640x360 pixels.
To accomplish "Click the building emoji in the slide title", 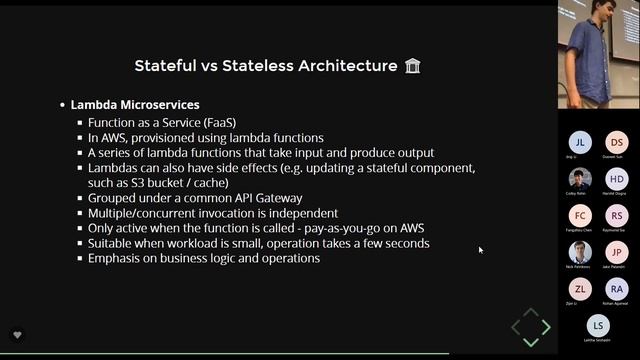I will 412,66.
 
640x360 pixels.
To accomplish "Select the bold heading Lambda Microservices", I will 134,104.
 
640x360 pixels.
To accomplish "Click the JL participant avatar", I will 580,142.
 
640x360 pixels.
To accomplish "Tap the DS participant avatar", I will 617,142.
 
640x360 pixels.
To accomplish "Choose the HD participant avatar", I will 617,179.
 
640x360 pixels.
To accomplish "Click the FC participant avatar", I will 580,216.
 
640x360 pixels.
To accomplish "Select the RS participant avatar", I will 617,216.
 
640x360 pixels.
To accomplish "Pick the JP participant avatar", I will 617,253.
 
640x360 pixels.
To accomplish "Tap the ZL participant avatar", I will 580,289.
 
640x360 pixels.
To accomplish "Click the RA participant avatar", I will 617,289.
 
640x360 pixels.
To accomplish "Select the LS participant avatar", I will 598,326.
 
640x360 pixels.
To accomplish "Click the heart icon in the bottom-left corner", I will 17,334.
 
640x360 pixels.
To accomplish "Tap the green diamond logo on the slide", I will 530,326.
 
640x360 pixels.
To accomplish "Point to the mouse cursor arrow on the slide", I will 480,250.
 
